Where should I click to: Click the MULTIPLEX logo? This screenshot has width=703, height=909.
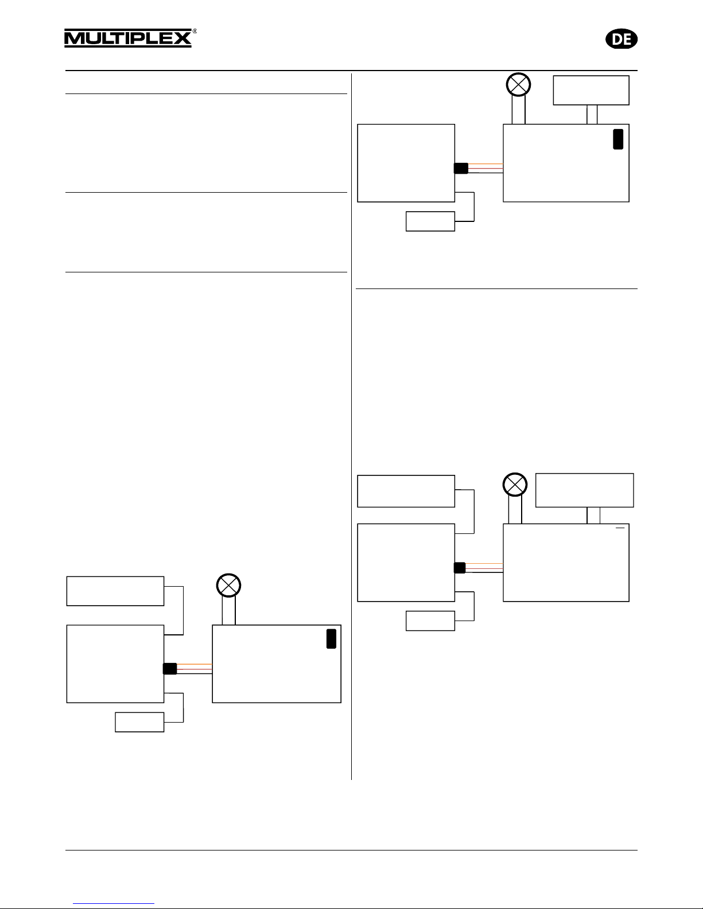(127, 38)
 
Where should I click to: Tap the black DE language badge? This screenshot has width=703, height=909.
(622, 39)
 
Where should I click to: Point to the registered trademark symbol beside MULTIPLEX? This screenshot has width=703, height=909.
(195, 32)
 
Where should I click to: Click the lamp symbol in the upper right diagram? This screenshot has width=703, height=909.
(518, 85)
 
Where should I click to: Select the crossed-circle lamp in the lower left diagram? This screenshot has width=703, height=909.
(228, 586)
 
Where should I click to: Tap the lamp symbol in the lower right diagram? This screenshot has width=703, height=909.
(515, 485)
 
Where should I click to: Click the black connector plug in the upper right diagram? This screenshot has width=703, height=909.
(461, 168)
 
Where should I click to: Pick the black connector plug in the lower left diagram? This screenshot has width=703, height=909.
(170, 668)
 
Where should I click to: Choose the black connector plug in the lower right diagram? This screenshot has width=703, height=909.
(460, 567)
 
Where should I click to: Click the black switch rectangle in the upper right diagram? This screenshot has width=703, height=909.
(618, 139)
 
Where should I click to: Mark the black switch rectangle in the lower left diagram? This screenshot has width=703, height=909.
(331, 639)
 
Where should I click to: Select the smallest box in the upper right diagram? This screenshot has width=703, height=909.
(430, 221)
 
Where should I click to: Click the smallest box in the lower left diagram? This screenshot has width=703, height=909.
(139, 722)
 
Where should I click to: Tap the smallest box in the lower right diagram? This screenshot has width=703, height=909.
(430, 621)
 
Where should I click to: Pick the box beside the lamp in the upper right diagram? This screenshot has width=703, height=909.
(591, 90)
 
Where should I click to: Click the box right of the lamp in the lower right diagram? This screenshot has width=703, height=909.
(584, 490)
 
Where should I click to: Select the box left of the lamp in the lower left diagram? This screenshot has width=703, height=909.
(115, 591)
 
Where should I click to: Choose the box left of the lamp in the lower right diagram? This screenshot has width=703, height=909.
(406, 491)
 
